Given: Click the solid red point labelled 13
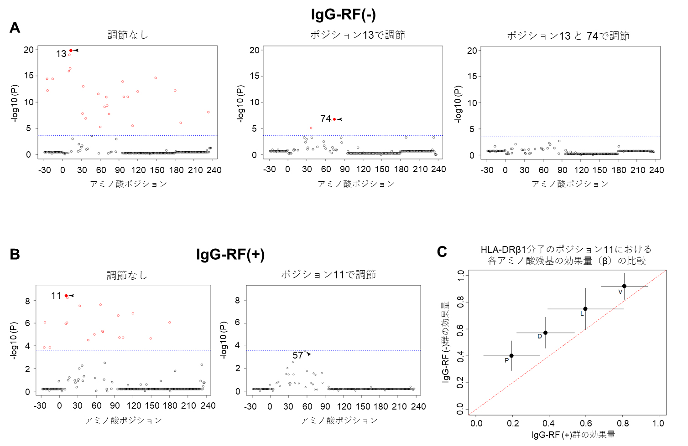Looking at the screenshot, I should (71, 50).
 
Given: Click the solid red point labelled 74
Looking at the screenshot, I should (334, 119).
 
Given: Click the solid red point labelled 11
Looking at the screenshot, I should (66, 296).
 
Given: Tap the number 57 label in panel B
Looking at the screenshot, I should (298, 355).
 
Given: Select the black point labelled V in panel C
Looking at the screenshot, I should (624, 286).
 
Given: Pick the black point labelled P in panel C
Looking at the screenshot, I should (511, 356).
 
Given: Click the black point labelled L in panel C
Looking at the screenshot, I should (585, 309).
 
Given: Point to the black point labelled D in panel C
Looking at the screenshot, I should (545, 333).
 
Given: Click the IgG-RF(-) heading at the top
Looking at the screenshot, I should (343, 15).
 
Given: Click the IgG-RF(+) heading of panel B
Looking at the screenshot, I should (230, 254).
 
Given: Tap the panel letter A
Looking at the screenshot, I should (15, 28).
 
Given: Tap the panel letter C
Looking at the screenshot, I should (442, 252).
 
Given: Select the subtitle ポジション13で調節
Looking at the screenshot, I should (357, 35).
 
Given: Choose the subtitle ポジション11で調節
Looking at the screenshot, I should (328, 275).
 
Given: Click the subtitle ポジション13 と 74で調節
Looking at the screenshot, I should (568, 36).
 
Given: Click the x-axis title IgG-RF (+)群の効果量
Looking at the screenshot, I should (573, 435).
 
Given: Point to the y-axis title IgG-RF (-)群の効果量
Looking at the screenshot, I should (446, 342).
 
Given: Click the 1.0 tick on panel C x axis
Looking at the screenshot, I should (658, 423).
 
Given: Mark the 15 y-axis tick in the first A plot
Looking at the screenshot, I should (29, 76).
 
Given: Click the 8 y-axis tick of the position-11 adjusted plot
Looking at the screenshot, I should (237, 300).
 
